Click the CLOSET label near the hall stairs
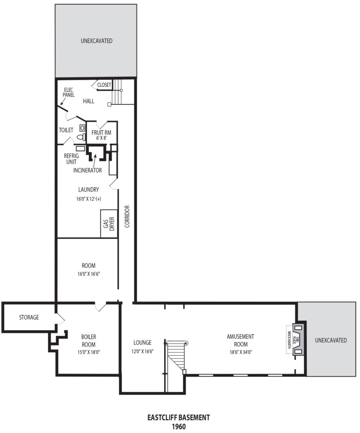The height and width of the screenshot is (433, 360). point(104,85)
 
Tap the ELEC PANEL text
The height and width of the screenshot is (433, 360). point(68,93)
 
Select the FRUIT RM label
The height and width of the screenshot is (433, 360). point(102,132)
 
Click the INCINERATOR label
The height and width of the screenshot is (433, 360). point(88,170)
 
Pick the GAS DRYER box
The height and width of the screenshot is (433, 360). point(109,224)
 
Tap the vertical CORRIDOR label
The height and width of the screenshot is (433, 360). point(127,216)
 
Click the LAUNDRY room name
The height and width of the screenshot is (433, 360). point(88,190)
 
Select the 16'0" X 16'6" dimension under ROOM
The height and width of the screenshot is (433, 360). point(88,274)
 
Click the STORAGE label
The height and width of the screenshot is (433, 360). point(29,317)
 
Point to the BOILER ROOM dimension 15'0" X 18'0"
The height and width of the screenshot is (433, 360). point(88,352)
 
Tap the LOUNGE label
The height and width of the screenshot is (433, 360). point(142,343)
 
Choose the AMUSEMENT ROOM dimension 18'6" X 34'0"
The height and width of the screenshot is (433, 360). point(241,352)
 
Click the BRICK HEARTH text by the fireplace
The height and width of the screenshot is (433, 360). point(289,340)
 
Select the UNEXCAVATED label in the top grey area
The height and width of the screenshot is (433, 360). point(97,41)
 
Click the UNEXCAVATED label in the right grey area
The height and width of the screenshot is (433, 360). point(331,340)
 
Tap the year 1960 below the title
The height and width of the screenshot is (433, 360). point(179,427)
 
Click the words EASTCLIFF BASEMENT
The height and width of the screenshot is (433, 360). point(179,417)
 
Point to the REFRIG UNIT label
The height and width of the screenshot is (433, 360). point(71,159)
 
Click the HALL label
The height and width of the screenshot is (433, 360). point(89,101)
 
